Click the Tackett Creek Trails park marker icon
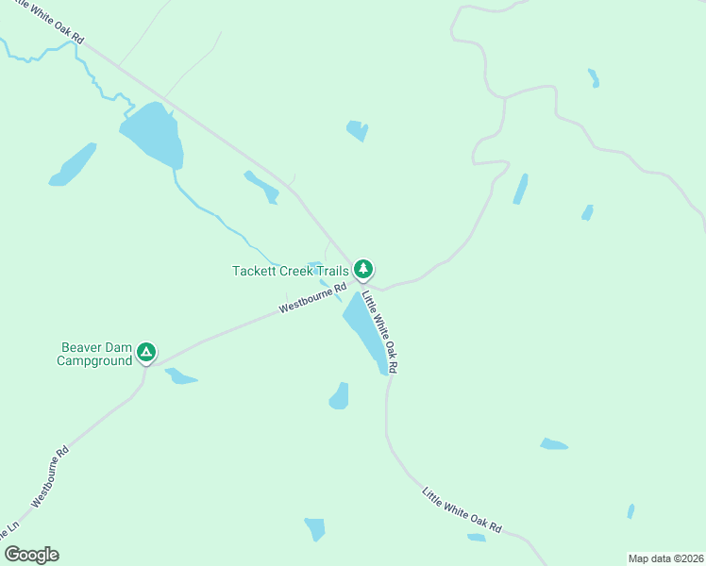point(363,270)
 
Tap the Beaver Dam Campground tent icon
point(145,353)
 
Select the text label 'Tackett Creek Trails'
point(291,271)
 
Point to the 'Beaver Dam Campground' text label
point(94,354)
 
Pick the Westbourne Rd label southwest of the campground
point(52,476)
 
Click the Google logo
point(31,555)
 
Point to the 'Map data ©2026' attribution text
point(664,558)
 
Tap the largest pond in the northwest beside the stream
point(153,134)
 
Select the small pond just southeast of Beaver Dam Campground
point(180,377)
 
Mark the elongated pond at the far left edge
point(74,165)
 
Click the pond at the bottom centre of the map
point(315,528)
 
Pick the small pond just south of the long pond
point(339,396)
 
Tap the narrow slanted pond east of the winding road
point(520,189)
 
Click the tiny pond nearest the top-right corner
point(594,78)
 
